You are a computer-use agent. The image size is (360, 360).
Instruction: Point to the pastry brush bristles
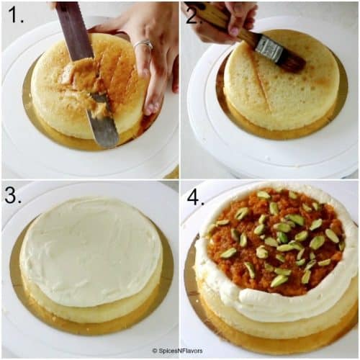[x=291, y=60]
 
